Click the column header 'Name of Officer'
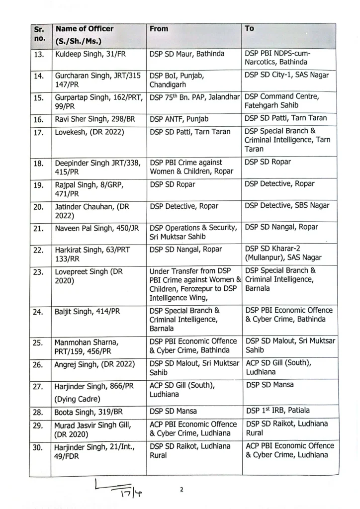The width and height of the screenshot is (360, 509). (84, 29)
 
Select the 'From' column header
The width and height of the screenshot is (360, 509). (159, 29)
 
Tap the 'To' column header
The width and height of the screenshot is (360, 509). (249, 29)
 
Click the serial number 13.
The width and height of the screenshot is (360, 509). (39, 54)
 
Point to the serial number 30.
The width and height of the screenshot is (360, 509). (39, 447)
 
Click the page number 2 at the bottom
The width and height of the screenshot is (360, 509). (181, 490)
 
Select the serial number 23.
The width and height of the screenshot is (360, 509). (39, 271)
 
